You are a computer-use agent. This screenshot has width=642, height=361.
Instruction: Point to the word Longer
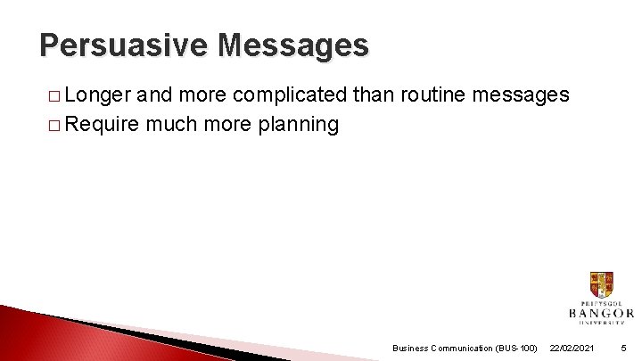(x=98, y=94)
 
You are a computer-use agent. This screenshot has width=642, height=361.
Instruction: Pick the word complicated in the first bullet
(x=291, y=94)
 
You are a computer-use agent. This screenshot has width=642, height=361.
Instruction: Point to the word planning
(x=298, y=124)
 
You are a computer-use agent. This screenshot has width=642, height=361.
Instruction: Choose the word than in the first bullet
(x=372, y=94)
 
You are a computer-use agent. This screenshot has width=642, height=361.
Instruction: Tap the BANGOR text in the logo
(x=601, y=314)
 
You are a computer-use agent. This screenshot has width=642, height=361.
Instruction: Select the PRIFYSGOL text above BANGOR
(x=601, y=302)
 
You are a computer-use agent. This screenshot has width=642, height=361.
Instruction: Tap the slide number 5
(x=624, y=348)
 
